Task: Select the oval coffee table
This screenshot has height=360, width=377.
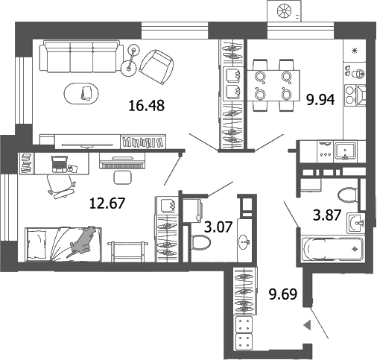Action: pyautogui.click(x=86, y=93)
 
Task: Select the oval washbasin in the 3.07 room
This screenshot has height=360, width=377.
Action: pyautogui.click(x=244, y=242)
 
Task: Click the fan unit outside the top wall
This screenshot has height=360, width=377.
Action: pyautogui.click(x=285, y=10)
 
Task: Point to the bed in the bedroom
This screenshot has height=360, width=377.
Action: pyautogui.click(x=63, y=244)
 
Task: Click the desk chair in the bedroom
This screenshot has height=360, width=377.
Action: pyautogui.click(x=57, y=183)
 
